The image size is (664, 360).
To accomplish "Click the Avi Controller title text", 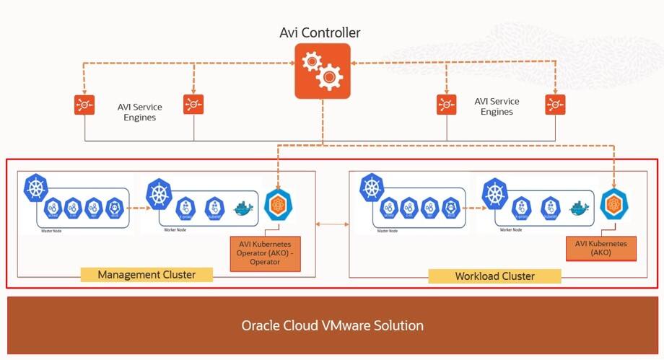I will pos(320,32).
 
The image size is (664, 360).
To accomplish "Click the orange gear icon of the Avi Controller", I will pos(323,71).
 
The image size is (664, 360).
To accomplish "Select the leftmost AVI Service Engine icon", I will pos(85,105).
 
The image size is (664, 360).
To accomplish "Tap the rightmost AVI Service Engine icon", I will pos(555,105).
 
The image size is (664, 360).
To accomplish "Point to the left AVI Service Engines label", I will pos(140,112).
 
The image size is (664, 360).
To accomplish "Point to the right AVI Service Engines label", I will pos(497,107).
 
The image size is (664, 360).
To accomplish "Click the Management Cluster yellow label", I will pos(147,275).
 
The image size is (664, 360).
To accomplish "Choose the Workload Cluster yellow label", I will pos(494,276).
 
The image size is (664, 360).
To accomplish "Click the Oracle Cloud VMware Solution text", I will pos(332,325).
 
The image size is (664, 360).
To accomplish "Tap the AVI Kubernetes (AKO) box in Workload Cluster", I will pos(601,249).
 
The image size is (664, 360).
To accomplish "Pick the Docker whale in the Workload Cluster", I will pos(580,208).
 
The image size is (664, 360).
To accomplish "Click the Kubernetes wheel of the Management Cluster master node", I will pos(36,188).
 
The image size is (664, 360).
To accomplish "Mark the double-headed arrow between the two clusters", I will pos(332,224).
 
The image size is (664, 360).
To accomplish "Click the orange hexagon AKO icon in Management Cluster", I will pos(279,206).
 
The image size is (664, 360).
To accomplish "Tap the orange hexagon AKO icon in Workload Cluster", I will pos(613,205).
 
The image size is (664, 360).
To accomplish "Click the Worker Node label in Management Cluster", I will pos(157,229).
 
